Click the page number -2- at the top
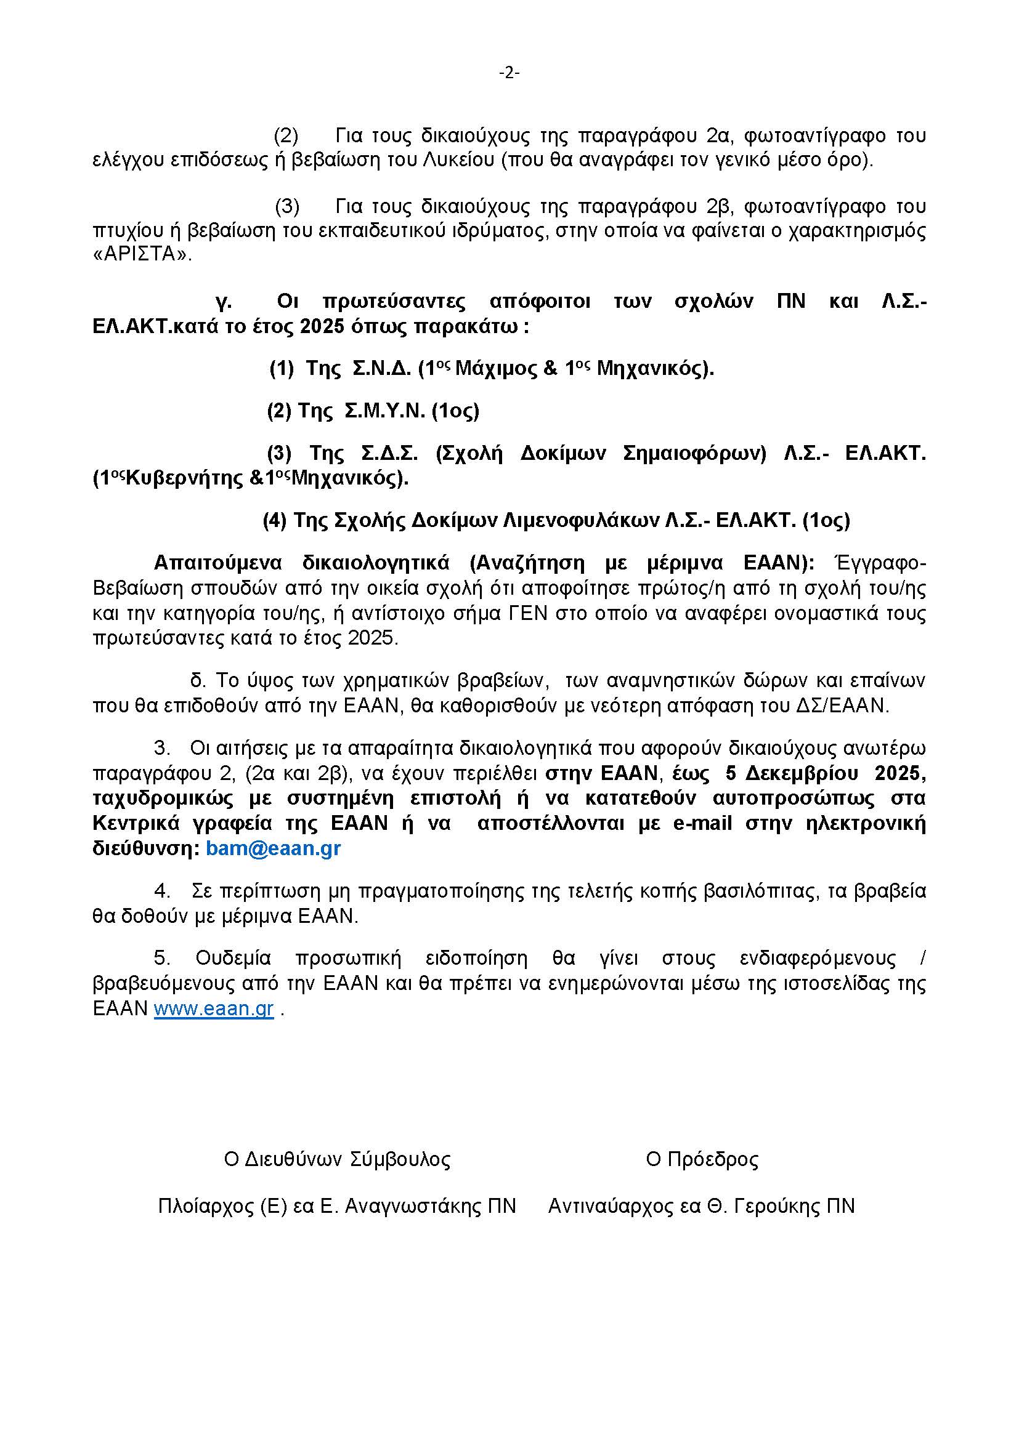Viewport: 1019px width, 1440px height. tap(509, 73)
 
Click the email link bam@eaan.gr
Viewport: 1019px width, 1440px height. tap(273, 848)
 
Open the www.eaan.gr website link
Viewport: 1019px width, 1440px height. tap(214, 1008)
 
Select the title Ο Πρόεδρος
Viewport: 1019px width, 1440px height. tap(702, 1160)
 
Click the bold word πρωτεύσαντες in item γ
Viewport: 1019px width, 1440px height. tap(394, 302)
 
